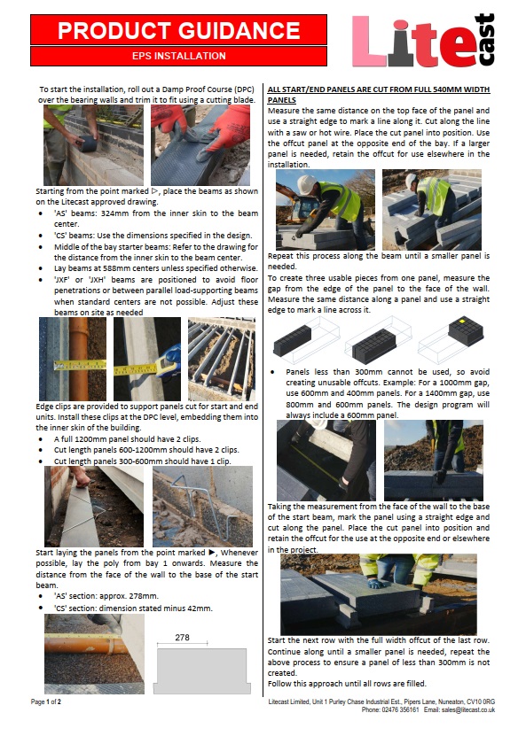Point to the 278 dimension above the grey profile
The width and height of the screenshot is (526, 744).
(183, 637)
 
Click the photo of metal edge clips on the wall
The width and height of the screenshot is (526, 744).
(202, 505)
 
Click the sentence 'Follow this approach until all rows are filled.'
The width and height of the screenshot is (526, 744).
(348, 683)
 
